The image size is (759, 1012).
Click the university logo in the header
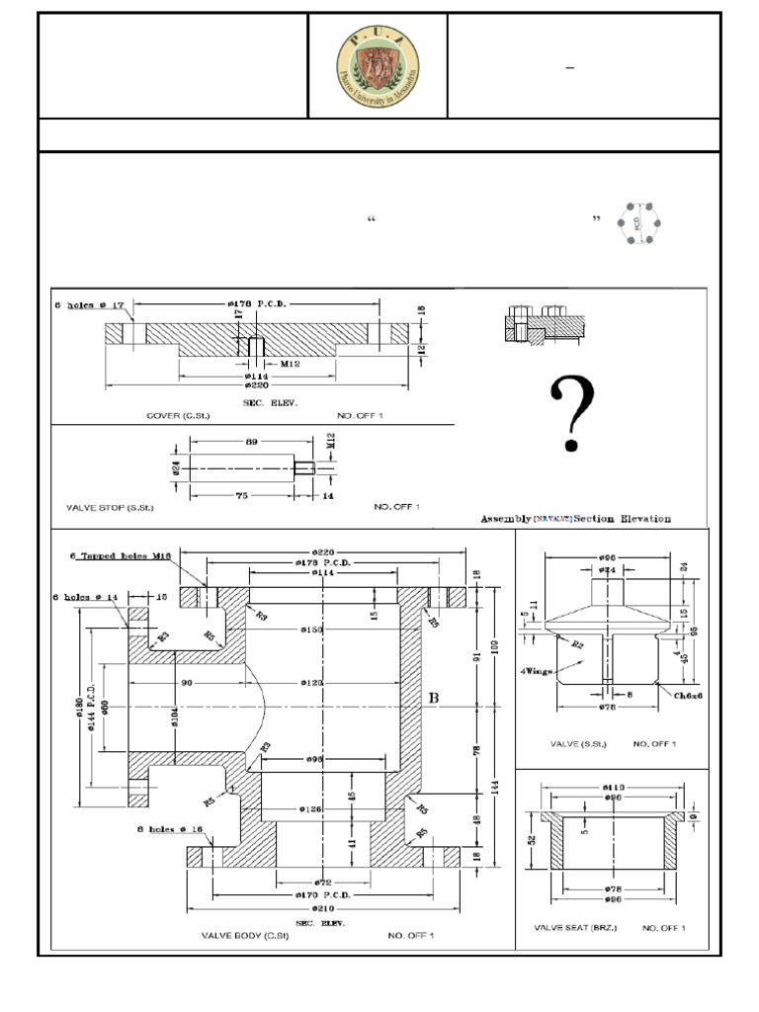(378, 65)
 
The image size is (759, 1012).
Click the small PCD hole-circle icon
(637, 222)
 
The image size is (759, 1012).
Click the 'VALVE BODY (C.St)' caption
(240, 934)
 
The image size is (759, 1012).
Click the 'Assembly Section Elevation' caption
(575, 518)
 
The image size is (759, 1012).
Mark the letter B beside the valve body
(432, 698)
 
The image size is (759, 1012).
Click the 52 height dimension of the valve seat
(533, 841)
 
